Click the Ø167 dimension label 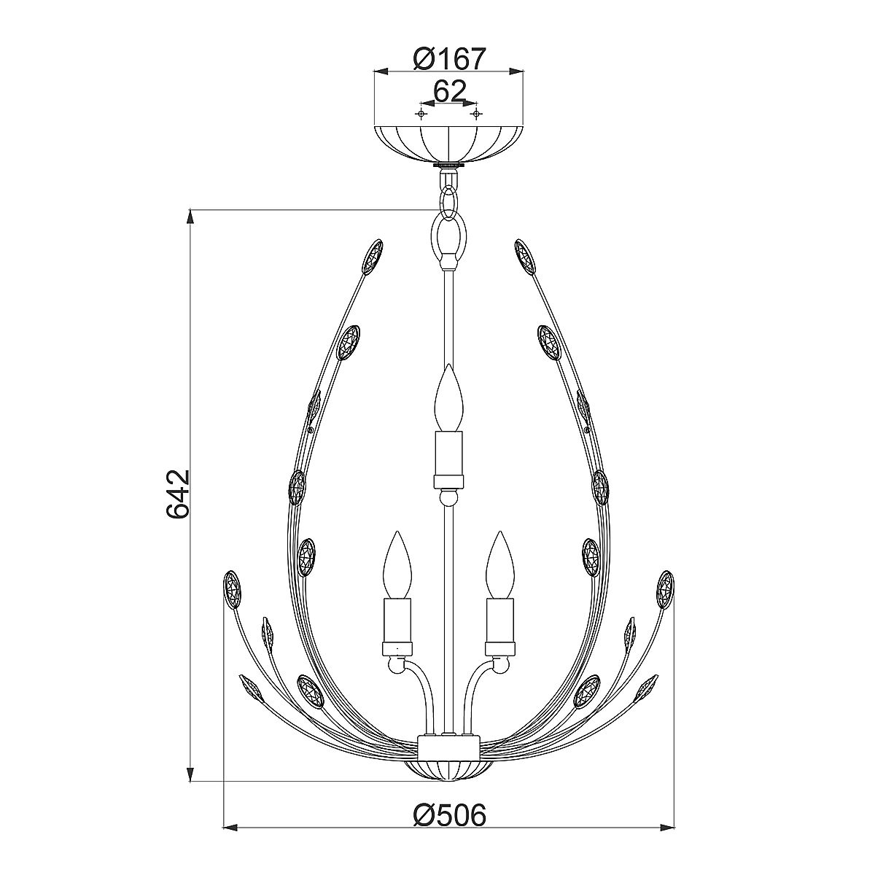tap(449, 59)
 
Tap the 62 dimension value tap(450, 92)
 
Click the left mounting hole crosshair tap(422, 114)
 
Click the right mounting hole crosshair tap(476, 114)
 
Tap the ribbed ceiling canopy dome tap(448, 144)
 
